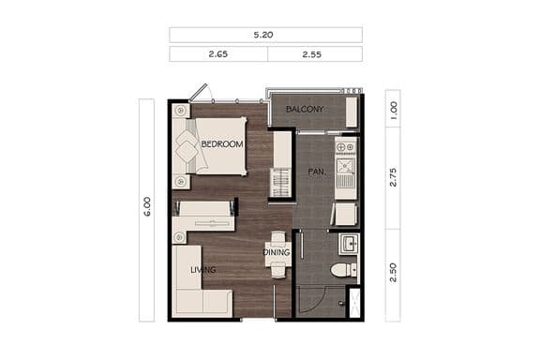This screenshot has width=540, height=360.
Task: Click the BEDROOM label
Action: tap(222, 144)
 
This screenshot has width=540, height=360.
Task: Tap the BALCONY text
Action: tap(305, 110)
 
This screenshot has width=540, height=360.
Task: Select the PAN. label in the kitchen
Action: tap(316, 172)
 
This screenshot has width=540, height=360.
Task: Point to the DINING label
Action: tap(276, 252)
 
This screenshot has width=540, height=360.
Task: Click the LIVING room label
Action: tap(202, 270)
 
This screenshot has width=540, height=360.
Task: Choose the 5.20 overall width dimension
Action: tap(265, 35)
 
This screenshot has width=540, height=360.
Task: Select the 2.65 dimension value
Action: tap(218, 54)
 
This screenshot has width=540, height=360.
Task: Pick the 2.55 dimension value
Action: tap(313, 54)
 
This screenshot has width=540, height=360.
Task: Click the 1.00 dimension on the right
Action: tap(393, 110)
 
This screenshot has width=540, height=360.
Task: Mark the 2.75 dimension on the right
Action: tap(393, 176)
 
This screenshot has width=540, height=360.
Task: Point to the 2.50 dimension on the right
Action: tap(393, 273)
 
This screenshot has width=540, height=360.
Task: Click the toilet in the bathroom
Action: tap(344, 270)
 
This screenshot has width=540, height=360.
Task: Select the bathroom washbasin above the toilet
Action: tap(347, 245)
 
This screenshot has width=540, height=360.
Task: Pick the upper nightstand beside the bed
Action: tap(180, 111)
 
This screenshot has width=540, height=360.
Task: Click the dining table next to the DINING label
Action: tap(277, 253)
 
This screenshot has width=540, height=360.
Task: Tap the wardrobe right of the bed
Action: tap(281, 164)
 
